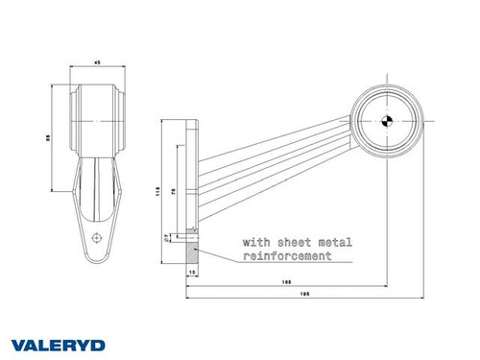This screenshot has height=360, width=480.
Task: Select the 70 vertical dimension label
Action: point(172,192)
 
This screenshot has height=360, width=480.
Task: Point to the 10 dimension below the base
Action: point(193,275)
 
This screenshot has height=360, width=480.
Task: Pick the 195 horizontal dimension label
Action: point(302,295)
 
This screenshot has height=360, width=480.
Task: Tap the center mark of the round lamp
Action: point(386,122)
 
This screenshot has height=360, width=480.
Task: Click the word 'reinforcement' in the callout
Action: point(287,256)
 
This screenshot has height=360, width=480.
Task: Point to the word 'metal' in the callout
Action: point(330,243)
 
